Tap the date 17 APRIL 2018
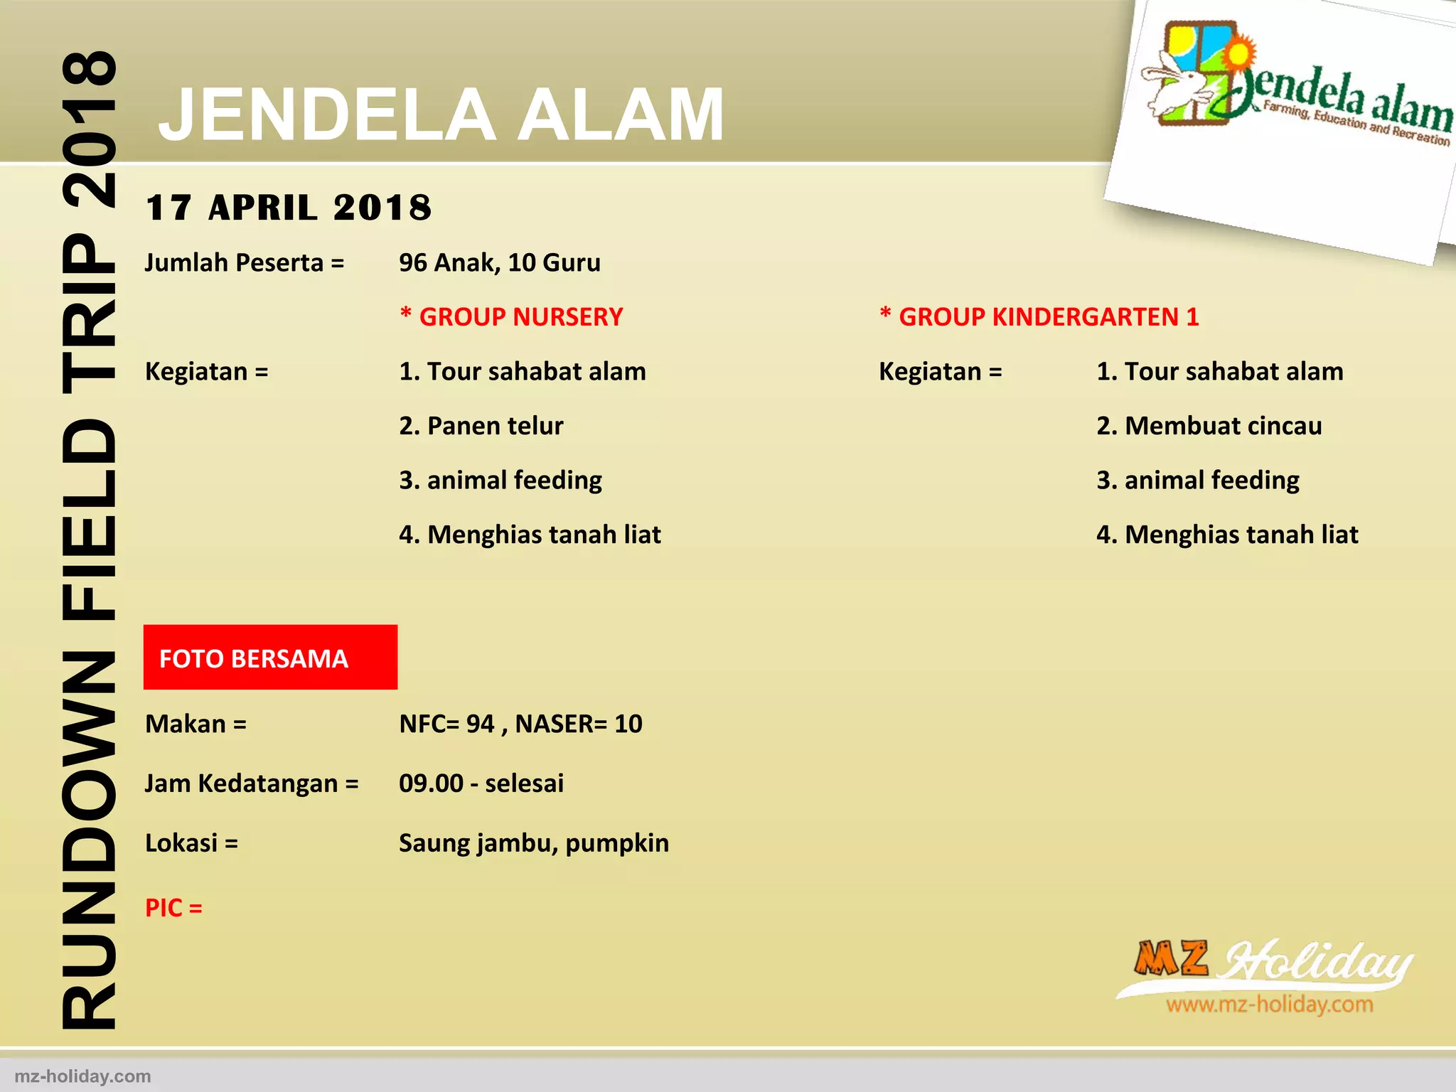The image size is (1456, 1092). (x=288, y=208)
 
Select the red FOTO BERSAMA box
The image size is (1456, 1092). (x=270, y=658)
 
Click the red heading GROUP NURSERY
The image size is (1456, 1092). (x=512, y=317)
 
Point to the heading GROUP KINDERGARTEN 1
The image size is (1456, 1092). (x=1039, y=317)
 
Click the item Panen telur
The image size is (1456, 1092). (x=481, y=426)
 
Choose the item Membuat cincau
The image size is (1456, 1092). (x=1209, y=426)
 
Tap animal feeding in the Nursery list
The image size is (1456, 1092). (x=500, y=481)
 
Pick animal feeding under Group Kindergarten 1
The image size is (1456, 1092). (x=1198, y=481)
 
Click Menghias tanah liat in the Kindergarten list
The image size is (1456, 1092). (x=1227, y=535)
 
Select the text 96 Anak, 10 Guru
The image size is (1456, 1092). (x=500, y=263)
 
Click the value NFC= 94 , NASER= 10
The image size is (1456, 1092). (x=520, y=724)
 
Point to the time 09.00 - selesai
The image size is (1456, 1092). (x=481, y=783)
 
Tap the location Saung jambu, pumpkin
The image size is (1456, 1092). (x=534, y=843)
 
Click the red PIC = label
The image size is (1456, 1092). (x=173, y=908)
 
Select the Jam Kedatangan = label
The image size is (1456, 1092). (x=252, y=783)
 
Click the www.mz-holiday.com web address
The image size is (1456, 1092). (x=1269, y=1005)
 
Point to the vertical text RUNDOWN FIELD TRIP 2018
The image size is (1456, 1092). (x=89, y=540)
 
